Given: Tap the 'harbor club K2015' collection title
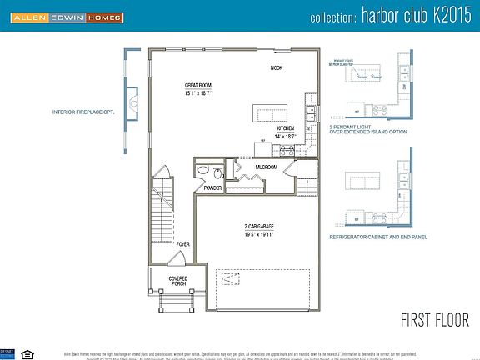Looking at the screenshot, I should (x=387, y=17).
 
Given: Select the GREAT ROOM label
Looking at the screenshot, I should (x=199, y=85).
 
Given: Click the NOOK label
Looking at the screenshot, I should (x=277, y=68).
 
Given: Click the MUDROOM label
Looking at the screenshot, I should (x=267, y=167).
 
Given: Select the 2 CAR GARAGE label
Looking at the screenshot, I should (x=259, y=227).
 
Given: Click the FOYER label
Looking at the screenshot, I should (x=182, y=244).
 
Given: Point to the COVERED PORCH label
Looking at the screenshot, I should (x=177, y=281).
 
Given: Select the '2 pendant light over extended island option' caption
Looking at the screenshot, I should (x=367, y=128).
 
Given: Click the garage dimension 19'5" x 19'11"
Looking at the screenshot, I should (x=259, y=235).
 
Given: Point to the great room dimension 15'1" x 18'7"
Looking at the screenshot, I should (x=199, y=92).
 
